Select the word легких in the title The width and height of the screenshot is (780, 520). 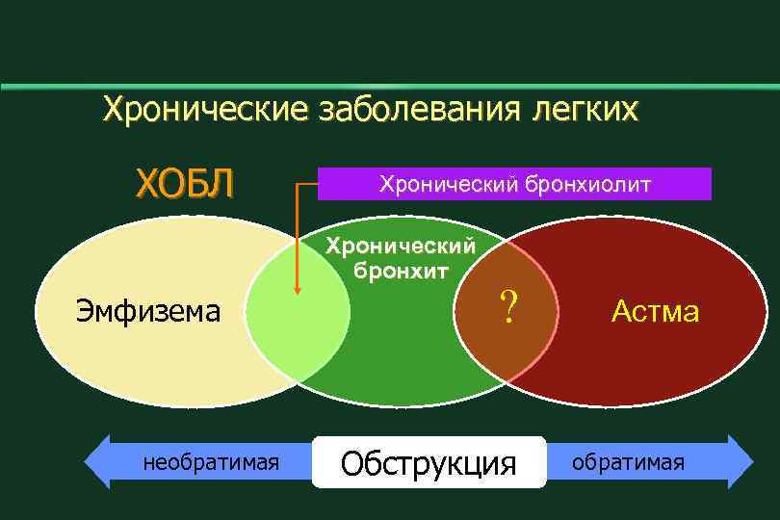point(584,108)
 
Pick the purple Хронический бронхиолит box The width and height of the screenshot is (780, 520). point(514,183)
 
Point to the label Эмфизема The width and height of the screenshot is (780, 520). point(148,311)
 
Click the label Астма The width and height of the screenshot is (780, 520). point(655,311)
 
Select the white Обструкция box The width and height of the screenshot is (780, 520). point(429,463)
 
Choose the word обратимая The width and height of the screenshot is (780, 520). point(628,462)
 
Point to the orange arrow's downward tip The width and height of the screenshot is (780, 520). point(298,293)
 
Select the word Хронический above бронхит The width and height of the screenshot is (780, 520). point(401,247)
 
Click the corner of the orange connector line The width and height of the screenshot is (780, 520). point(298,183)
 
